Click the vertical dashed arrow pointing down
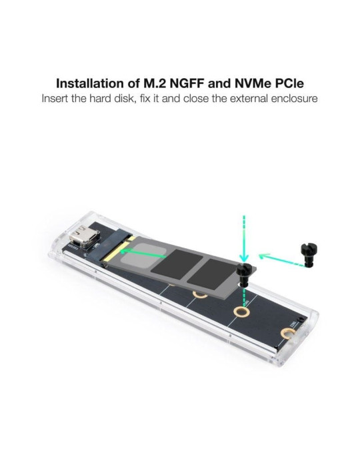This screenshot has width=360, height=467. coord(245,237)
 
